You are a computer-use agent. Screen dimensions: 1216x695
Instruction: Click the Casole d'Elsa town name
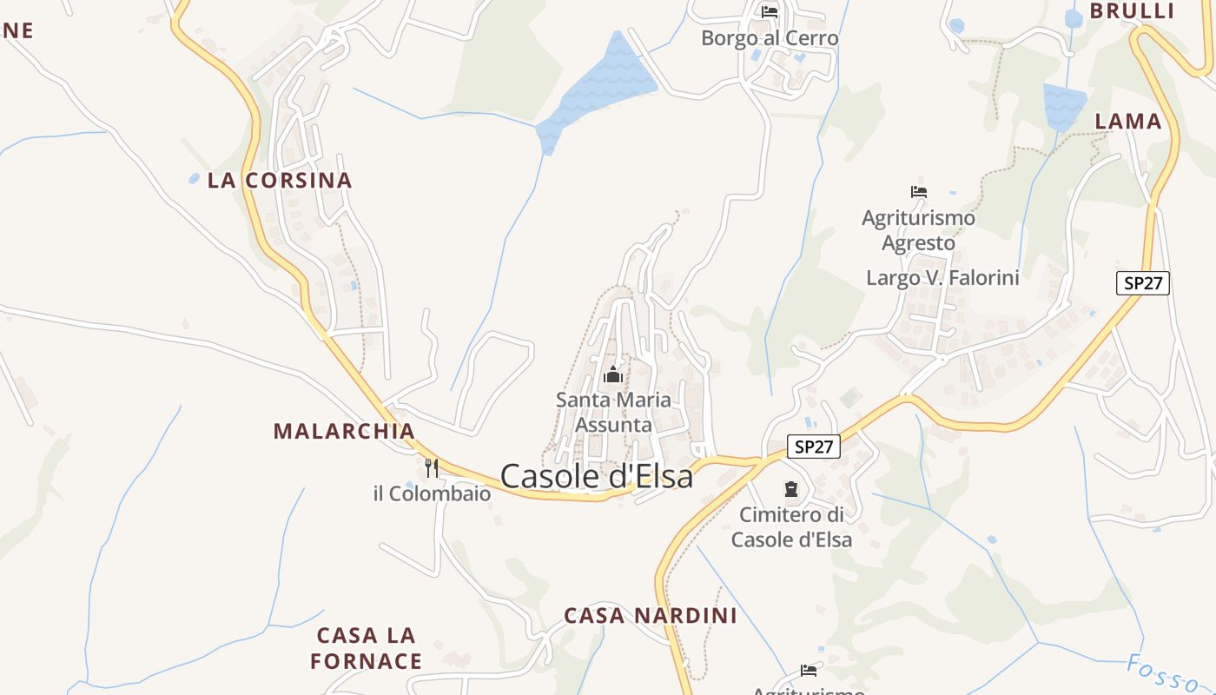point(597,476)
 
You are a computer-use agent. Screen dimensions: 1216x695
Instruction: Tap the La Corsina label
point(280,181)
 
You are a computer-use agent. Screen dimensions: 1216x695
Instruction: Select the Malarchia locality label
point(344,431)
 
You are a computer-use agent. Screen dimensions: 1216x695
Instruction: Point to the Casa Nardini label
point(651,616)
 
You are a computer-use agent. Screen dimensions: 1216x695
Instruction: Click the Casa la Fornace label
point(366,648)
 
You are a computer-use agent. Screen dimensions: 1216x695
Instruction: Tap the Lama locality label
point(1128,122)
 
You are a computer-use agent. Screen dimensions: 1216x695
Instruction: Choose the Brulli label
point(1132,11)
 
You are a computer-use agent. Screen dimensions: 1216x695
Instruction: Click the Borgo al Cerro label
point(770,38)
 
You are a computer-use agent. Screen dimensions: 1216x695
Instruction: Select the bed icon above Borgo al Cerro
point(770,12)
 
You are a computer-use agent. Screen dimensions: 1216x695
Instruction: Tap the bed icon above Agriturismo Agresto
point(919,192)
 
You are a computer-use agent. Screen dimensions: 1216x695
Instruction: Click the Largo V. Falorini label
point(942,278)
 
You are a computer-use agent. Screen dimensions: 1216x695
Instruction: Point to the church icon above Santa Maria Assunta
point(613,375)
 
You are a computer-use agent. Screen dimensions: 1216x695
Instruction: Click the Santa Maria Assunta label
point(613,413)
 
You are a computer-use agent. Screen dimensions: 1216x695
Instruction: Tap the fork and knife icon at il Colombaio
point(432,468)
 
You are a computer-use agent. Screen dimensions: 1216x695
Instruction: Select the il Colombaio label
point(432,494)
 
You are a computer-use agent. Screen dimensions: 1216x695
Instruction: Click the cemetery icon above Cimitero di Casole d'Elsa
point(791,489)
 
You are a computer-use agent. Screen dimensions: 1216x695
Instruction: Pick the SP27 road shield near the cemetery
point(814,447)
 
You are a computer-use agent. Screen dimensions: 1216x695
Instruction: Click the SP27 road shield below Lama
point(1143,282)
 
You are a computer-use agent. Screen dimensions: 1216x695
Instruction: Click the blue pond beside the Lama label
point(1064,105)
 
